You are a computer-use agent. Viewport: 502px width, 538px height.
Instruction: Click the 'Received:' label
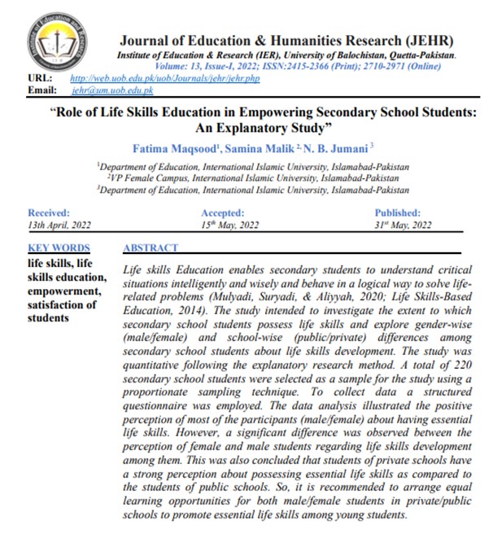pos(49,212)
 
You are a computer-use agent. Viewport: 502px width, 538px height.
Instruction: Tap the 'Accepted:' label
pos(222,212)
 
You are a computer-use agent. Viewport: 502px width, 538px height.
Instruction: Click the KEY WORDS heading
pos(59,248)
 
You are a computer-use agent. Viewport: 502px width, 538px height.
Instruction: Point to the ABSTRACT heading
pos(151,248)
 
